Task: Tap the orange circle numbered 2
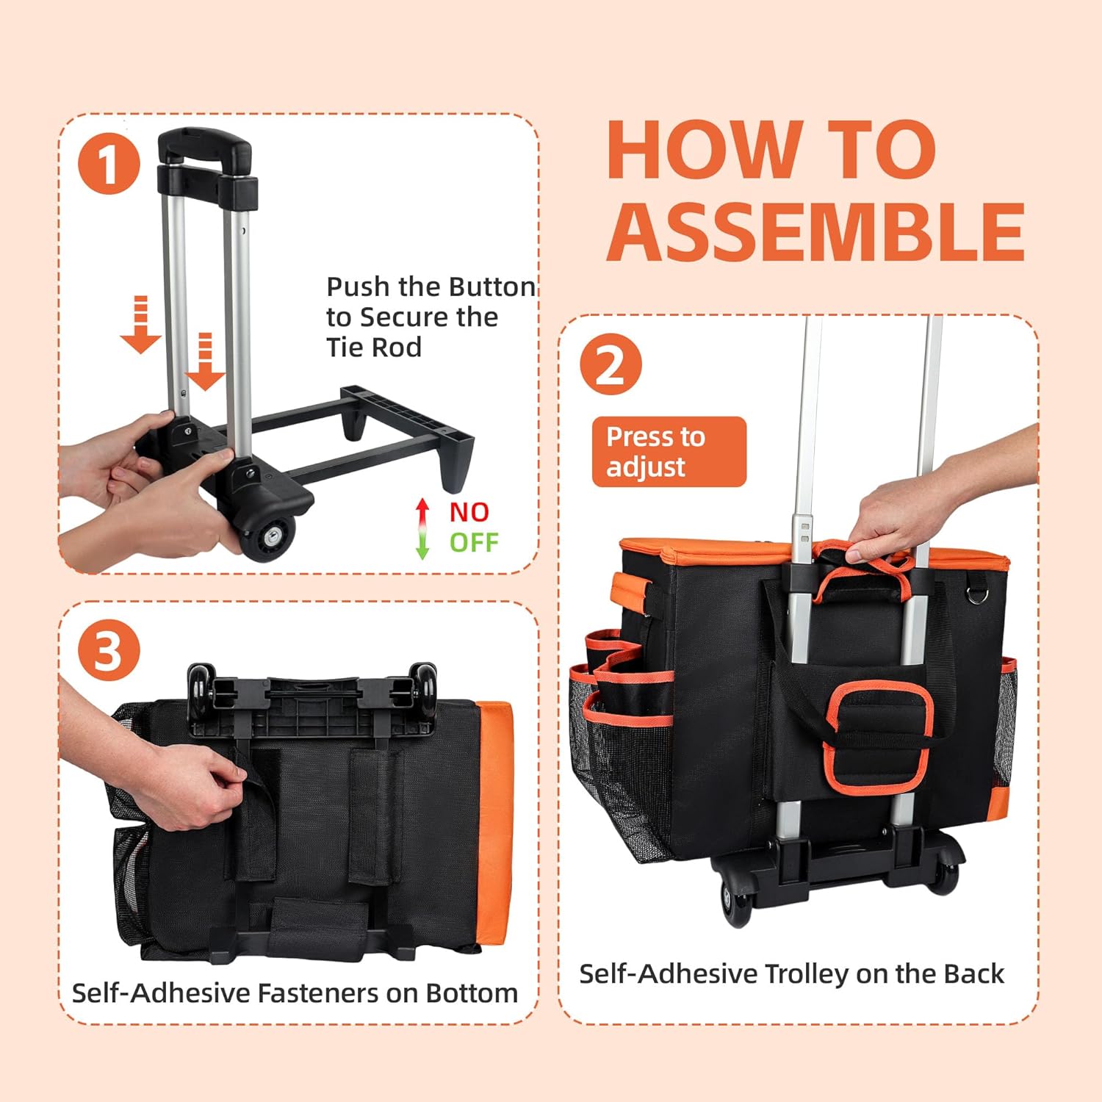pos(611,364)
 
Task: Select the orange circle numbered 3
pos(109,649)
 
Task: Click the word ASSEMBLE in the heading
pos(815,231)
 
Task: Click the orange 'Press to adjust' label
pos(669,452)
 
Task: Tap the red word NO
pos(469,512)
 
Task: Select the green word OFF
pos(474,543)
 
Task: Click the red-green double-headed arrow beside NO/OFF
pos(422,529)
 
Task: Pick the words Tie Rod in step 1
pos(374,347)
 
